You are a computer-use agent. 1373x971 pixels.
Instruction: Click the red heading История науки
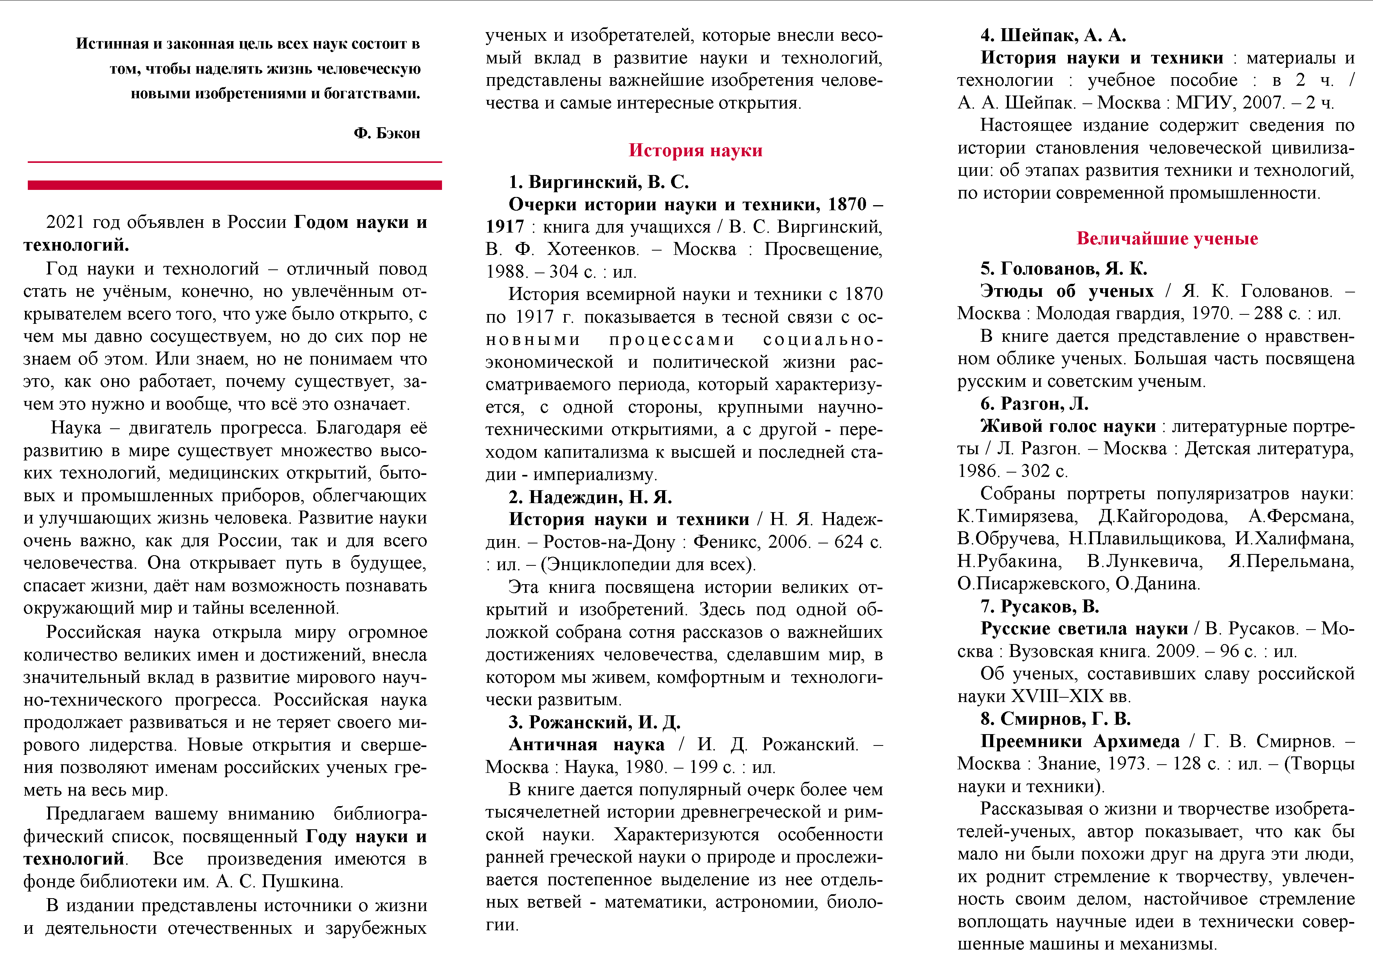[695, 150]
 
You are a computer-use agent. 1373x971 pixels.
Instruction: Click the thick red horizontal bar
[235, 185]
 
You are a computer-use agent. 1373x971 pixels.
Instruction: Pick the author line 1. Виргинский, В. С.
[599, 182]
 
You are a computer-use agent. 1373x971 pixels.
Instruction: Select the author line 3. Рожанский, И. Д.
[594, 722]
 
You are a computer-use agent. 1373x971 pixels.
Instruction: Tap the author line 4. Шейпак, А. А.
[1053, 35]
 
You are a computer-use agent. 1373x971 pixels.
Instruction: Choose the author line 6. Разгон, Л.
[1034, 404]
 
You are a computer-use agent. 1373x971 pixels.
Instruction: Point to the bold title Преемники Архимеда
[1080, 742]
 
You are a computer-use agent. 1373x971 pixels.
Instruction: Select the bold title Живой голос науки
[1068, 426]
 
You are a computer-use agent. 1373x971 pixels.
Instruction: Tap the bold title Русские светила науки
[1084, 629]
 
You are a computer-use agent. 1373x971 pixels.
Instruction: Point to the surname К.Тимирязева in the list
[1017, 516]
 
